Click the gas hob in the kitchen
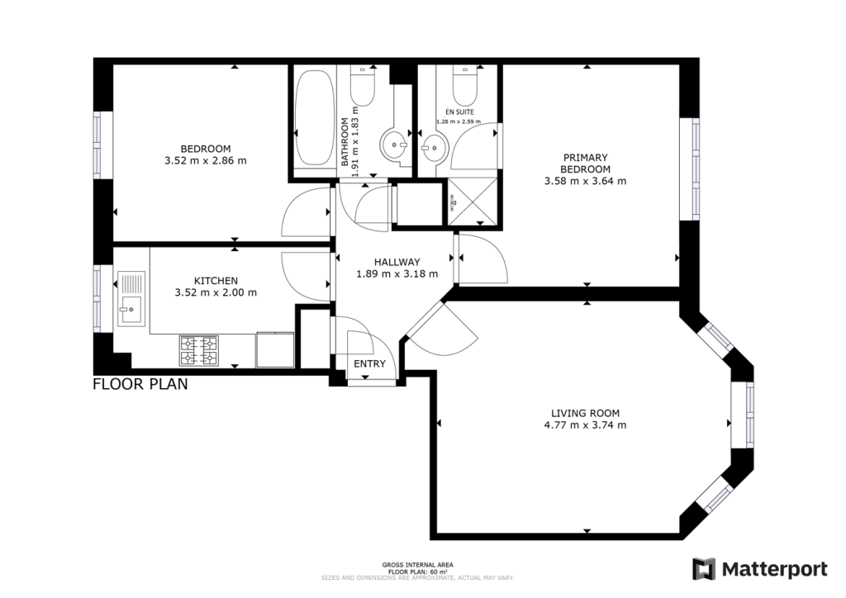click(x=198, y=350)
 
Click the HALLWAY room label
click(x=397, y=261)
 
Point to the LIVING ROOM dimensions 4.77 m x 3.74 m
click(x=586, y=425)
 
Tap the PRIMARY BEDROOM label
click(x=585, y=163)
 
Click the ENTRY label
click(x=369, y=364)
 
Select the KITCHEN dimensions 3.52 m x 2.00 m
click(x=216, y=292)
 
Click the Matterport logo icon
click(x=704, y=569)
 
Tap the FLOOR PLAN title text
click(x=140, y=384)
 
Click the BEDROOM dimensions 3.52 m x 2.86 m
click(x=206, y=161)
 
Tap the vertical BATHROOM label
click(x=345, y=142)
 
